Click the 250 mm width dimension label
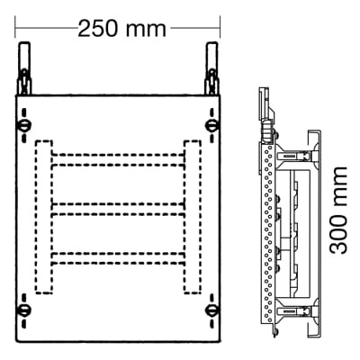point(121,28)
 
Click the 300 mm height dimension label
point(339,209)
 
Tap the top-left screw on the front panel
point(24,122)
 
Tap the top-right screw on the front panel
point(211,122)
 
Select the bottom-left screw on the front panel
point(24,310)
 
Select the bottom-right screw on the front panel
point(211,310)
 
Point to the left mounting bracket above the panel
point(24,70)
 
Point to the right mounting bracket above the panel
point(212,70)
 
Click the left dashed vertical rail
point(42,216)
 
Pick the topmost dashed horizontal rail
point(117,159)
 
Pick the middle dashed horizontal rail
point(117,211)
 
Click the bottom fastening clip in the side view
point(292,310)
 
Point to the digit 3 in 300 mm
point(339,244)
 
